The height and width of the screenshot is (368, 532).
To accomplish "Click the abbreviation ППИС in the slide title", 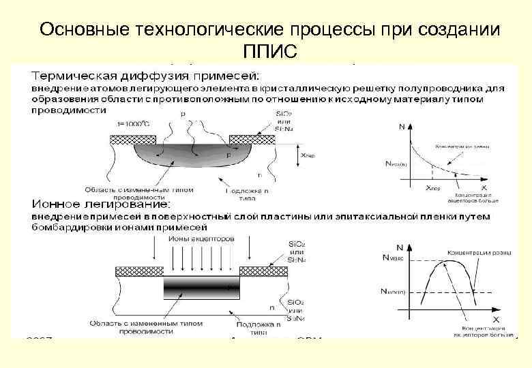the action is pos(269,52).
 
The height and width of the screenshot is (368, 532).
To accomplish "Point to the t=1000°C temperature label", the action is pos(134,123).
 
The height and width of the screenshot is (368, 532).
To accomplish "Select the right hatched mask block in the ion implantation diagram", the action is pos(266,271).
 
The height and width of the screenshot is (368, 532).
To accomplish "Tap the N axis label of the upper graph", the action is pos(400,126).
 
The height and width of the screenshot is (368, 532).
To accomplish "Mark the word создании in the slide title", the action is pos(455,31).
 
